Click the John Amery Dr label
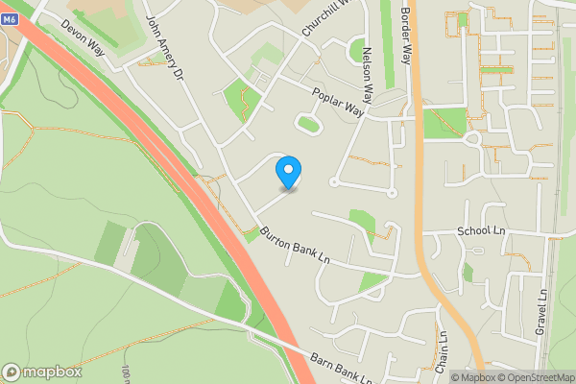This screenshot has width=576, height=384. click(x=164, y=46)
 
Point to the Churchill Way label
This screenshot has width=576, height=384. click(x=323, y=16)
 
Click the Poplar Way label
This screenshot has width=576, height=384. click(x=341, y=103)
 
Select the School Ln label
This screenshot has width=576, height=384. click(x=481, y=231)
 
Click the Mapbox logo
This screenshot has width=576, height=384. click(x=42, y=372)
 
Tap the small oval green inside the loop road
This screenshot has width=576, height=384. click(x=308, y=122)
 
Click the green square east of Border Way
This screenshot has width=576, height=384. click(x=443, y=122)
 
